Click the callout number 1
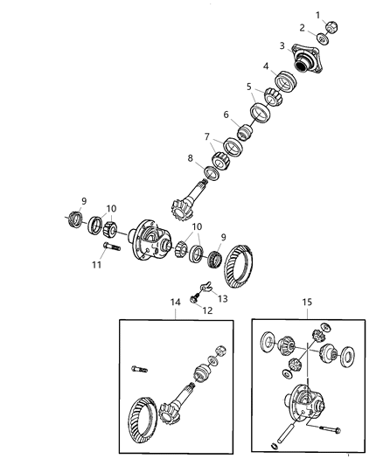[x=318, y=15]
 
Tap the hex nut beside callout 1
[x=332, y=27]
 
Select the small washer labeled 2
[x=322, y=38]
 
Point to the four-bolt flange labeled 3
[x=306, y=59]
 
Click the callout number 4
[x=266, y=66]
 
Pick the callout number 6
[x=226, y=115]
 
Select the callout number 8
[x=190, y=158]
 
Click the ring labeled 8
[x=212, y=174]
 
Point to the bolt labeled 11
[x=111, y=247]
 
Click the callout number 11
[x=96, y=265]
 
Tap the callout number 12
[x=207, y=310]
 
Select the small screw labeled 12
[x=194, y=298]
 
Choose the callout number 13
[x=222, y=298]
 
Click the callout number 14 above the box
[x=175, y=302]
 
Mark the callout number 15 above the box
[x=307, y=302]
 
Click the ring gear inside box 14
[x=143, y=422]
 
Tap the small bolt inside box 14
[x=139, y=370]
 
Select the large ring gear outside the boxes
[x=239, y=267]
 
